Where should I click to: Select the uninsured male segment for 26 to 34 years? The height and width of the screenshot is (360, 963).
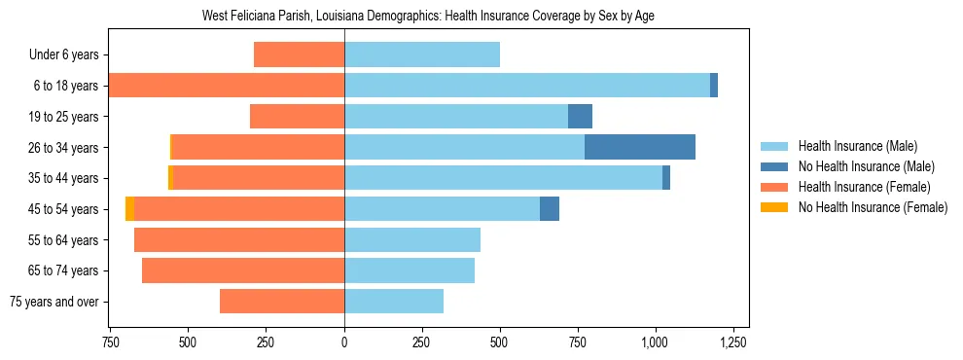point(640,147)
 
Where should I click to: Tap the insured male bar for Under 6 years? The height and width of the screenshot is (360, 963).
point(422,54)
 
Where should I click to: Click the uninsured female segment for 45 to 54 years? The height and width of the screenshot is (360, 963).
point(129,209)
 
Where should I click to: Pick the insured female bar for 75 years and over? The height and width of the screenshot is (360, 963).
point(282,302)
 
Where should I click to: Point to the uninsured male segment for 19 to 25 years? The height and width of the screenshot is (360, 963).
point(580,117)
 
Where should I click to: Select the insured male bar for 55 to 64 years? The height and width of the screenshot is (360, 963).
point(412,240)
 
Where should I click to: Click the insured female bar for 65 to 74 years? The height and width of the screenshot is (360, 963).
point(243,270)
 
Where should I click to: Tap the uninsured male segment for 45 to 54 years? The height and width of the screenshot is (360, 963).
point(550,209)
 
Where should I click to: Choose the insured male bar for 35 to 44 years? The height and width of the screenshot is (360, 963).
point(503,178)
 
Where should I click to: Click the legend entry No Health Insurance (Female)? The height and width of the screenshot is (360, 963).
point(872,207)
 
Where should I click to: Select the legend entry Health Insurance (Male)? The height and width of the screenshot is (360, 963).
point(857,146)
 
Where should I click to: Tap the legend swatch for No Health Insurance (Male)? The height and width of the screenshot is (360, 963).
point(774,166)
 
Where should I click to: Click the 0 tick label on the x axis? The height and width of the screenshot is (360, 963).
point(344,342)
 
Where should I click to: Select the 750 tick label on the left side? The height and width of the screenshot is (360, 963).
point(110,342)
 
